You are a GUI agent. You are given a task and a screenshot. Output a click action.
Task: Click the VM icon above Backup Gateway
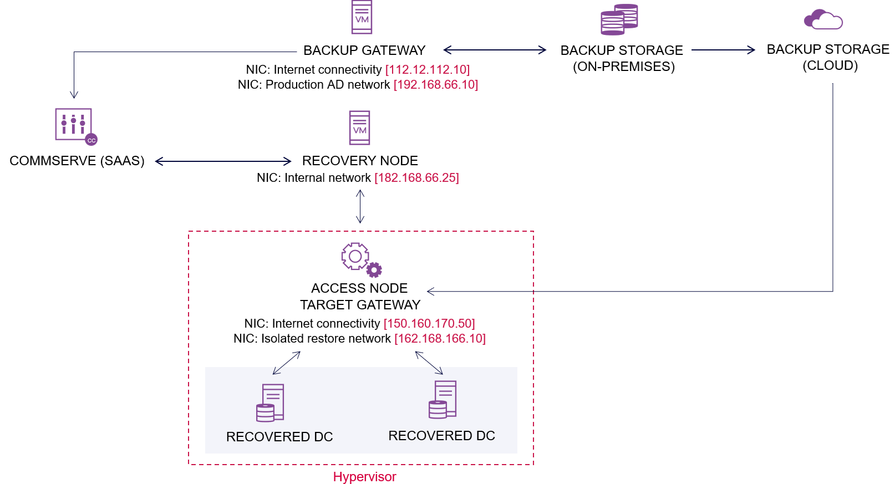point(362,17)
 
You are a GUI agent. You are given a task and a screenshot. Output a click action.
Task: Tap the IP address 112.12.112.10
point(428,70)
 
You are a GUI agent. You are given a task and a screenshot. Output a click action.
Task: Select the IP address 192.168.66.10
point(436,85)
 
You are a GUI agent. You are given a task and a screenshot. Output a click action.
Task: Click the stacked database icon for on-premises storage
point(619,19)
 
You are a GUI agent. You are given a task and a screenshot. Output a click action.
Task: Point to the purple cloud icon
point(823,19)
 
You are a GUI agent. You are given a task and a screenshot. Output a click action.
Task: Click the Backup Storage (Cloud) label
point(828,57)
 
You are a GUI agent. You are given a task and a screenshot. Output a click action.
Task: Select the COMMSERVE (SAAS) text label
point(77,161)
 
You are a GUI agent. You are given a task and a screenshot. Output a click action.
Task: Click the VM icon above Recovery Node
point(359,128)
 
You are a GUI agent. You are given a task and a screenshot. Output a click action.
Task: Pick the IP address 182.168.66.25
point(416,178)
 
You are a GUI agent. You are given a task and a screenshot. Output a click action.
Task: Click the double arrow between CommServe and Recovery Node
point(223,161)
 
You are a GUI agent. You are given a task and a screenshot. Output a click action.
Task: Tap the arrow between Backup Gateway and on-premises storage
point(495,50)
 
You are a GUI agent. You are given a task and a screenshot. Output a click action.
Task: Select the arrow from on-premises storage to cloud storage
point(723,50)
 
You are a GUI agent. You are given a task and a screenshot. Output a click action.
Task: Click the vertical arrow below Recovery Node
point(360,206)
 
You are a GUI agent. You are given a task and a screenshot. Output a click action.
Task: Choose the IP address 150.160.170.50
point(429,324)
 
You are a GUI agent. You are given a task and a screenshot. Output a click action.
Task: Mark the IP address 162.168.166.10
point(440,339)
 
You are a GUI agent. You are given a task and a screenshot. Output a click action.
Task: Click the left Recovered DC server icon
point(271,403)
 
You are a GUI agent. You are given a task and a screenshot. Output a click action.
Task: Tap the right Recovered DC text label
point(441,436)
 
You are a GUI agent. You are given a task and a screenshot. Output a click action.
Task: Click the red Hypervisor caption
point(364,477)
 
